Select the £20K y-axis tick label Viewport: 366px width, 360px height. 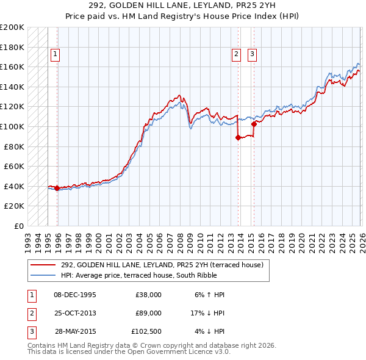tap(14, 206)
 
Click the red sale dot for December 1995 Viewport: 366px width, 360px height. tap(57, 189)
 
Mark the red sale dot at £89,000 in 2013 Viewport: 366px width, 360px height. tap(237, 138)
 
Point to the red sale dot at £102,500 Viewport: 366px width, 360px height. tap(253, 124)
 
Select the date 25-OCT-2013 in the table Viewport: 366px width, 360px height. tap(74, 313)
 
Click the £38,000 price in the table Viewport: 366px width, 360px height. tap(148, 294)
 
